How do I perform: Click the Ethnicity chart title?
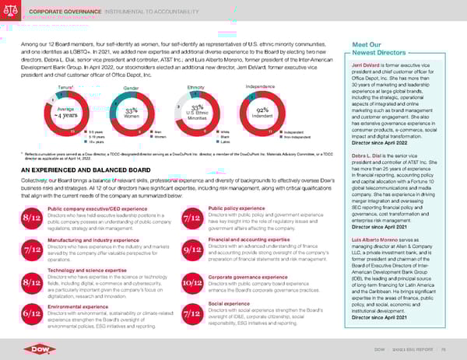[x=196, y=88]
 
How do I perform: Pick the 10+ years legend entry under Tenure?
[x=75, y=144]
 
